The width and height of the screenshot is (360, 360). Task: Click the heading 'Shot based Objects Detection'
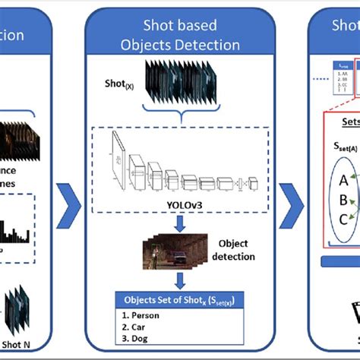[x=180, y=35]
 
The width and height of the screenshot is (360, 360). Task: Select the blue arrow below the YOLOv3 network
[x=180, y=226]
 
